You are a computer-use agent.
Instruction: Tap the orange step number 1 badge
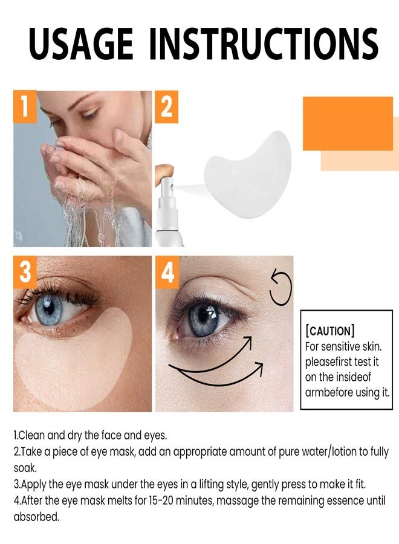pos(25,106)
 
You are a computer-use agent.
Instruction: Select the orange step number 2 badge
pos(166,106)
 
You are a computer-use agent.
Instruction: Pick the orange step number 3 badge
pos(25,271)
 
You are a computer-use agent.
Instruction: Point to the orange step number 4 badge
pos(166,271)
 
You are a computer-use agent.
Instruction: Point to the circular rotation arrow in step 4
pos(281,290)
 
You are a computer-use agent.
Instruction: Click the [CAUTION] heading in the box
pos(330,331)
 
